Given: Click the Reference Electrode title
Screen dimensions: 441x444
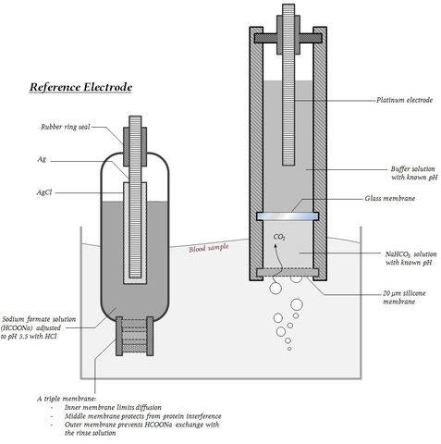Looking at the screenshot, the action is click(80, 87).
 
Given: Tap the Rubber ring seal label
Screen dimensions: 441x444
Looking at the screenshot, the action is click(66, 127).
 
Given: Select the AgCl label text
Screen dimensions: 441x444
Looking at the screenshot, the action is click(44, 192).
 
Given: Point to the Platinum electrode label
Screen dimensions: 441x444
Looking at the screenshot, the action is click(404, 100).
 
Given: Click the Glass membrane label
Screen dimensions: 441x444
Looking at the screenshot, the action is click(390, 198).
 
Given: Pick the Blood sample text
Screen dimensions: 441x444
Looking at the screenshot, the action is click(209, 248).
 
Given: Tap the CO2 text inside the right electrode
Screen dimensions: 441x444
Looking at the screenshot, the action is click(279, 237).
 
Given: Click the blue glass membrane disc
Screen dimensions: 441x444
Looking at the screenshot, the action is click(288, 216).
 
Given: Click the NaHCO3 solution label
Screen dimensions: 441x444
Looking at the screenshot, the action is click(410, 258).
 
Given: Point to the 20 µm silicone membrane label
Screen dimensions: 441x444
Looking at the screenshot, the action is click(404, 297).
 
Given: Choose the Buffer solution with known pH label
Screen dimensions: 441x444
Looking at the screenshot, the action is click(414, 173).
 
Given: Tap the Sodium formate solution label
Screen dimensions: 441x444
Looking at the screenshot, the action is click(39, 327).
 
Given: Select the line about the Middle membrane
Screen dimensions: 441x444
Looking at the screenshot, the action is click(142, 416).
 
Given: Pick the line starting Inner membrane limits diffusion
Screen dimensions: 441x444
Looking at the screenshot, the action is click(113, 407).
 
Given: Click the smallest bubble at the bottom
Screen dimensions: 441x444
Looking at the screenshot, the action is click(289, 349).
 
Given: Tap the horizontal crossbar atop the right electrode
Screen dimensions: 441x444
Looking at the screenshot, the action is click(288, 38).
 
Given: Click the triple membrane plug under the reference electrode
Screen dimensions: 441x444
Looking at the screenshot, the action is click(134, 336).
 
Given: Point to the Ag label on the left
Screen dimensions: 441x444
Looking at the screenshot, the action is click(42, 159).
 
